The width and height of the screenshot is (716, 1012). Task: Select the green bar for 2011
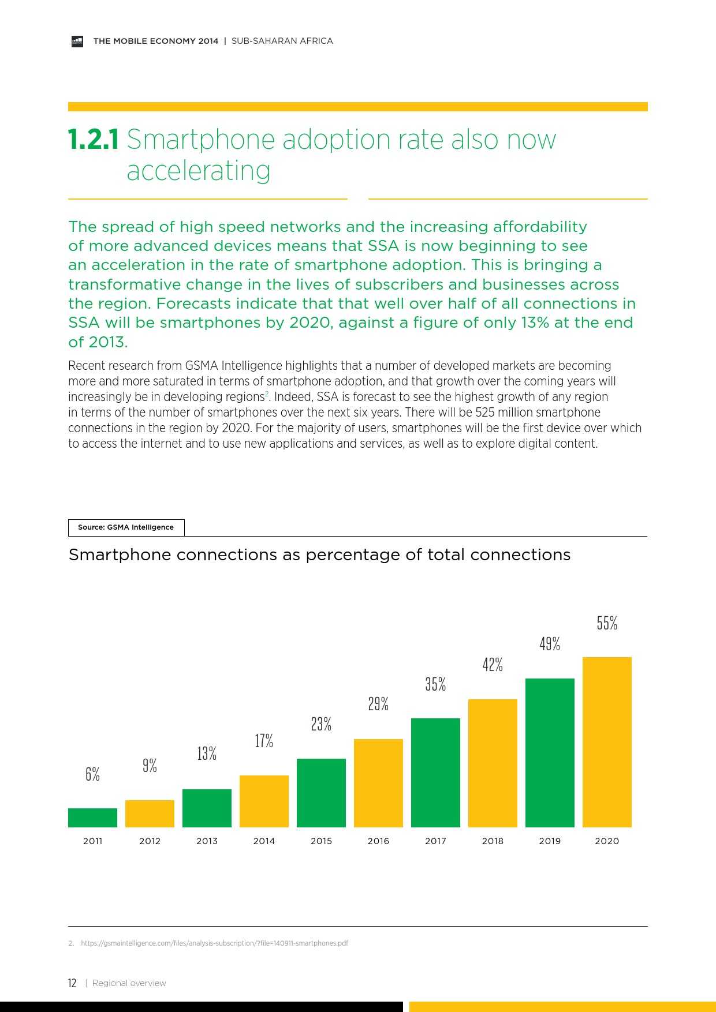pos(92,818)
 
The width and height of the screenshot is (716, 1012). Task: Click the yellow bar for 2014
pos(264,801)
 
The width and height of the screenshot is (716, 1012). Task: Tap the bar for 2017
pos(435,772)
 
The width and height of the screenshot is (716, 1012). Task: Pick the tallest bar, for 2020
pos(607,741)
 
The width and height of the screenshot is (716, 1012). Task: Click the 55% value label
pos(607,623)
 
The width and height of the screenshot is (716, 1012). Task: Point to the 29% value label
pos(378,704)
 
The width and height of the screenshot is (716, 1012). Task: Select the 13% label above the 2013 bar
pos(207,754)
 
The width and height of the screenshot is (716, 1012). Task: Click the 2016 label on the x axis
pos(378,841)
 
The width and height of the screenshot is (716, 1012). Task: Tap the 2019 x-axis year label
pos(550,841)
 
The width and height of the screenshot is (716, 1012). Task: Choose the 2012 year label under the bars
pos(150,841)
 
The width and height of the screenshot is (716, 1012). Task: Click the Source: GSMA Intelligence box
pos(126,527)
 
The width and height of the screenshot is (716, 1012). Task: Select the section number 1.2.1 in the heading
pos(94,140)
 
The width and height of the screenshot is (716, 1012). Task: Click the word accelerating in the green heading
pos(199,171)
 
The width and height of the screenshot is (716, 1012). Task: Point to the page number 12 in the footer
pos(72,983)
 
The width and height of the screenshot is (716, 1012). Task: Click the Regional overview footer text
pos(129,983)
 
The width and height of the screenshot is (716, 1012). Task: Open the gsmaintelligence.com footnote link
pos(214,943)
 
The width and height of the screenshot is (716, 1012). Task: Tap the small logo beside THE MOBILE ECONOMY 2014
pos(77,41)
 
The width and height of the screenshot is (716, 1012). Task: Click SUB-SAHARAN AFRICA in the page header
pos(282,41)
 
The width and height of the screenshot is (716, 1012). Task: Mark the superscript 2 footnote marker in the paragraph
pos(267,394)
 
